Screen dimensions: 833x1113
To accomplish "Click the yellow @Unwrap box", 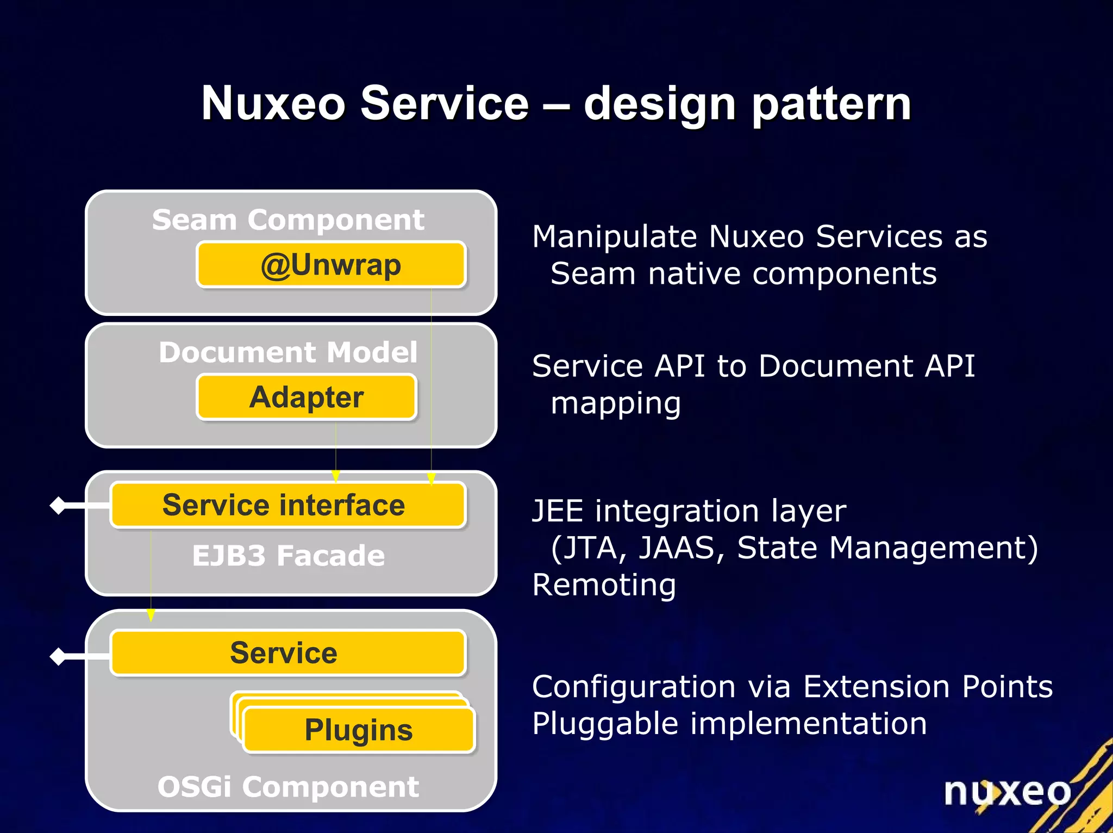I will tap(331, 265).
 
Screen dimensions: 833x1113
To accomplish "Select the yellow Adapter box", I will tap(307, 397).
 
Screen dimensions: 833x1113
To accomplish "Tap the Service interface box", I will tap(288, 505).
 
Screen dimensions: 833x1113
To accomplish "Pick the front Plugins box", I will tap(359, 730).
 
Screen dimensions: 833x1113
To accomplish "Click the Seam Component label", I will tap(288, 220).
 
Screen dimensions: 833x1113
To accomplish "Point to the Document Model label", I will tap(288, 352).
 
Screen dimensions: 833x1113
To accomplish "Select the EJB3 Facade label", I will tap(288, 556).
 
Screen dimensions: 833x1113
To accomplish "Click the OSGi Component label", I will tap(288, 787).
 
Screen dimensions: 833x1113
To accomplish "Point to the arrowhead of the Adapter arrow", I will tap(336, 476).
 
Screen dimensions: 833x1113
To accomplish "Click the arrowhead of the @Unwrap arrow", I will tap(432, 478).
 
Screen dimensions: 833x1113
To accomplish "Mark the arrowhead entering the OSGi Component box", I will tap(151, 615).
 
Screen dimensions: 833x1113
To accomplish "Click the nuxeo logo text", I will tap(1007, 792).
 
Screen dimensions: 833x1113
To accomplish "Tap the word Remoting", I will tap(604, 585).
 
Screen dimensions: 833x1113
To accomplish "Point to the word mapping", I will tap(616, 403).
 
